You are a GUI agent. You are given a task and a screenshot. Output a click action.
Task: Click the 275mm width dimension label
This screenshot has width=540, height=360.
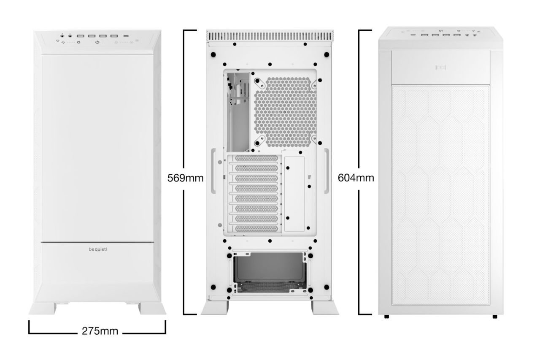(97, 330)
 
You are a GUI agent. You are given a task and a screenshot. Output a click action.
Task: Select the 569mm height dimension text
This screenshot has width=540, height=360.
(186, 178)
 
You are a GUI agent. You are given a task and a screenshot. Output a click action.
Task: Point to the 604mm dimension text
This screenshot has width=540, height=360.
(356, 178)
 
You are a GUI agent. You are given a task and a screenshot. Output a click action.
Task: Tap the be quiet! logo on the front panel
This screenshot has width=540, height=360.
(98, 249)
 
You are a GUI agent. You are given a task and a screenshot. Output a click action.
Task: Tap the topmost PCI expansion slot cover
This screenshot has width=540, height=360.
(256, 159)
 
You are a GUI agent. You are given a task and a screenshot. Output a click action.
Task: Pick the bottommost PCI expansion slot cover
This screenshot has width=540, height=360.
(256, 229)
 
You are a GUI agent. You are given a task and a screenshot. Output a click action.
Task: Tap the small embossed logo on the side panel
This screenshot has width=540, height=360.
(441, 67)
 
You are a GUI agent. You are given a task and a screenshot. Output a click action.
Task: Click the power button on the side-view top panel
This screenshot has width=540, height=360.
(440, 31)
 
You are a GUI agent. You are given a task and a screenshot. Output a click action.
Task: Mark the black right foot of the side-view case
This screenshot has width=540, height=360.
(494, 317)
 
